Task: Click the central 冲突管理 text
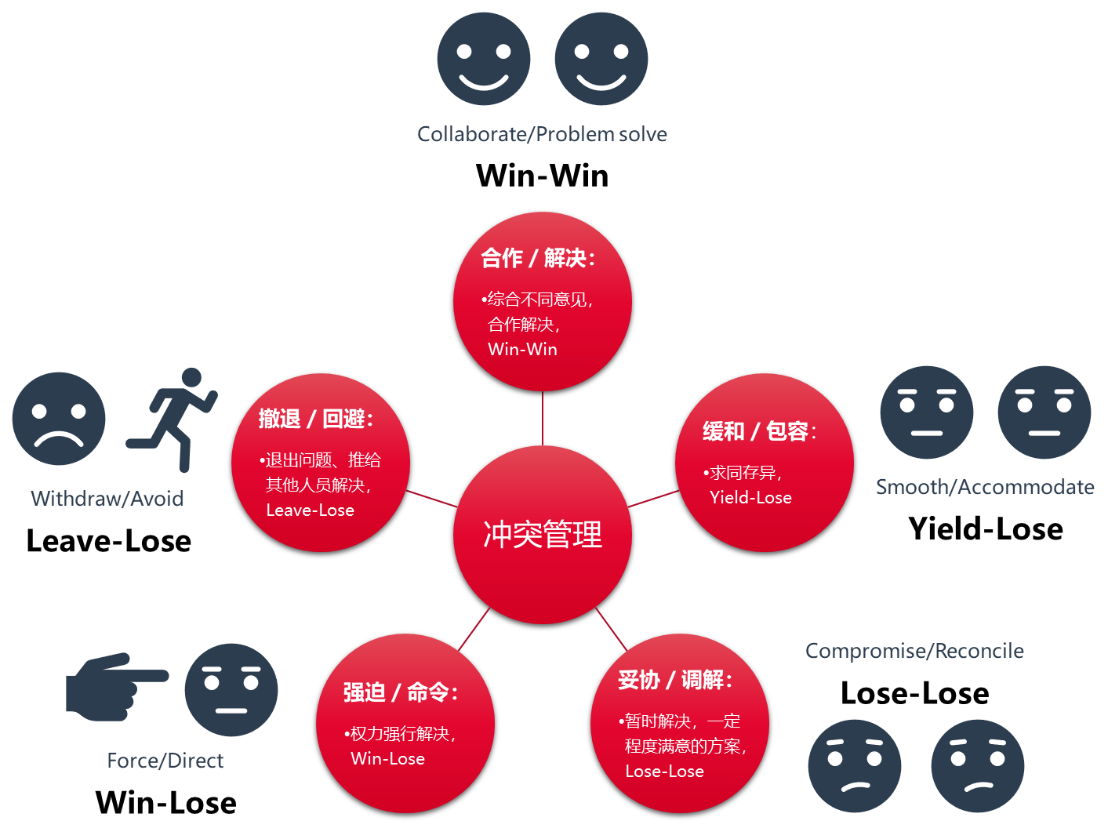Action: [543, 535]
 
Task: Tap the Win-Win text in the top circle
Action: [522, 350]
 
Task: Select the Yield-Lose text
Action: [750, 498]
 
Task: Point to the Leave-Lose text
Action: [310, 510]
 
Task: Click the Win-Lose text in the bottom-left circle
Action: [387, 759]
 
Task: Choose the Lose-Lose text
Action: [664, 772]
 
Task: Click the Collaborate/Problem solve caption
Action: [542, 135]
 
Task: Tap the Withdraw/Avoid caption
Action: [107, 499]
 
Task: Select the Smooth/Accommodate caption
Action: [985, 488]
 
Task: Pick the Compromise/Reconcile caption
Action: [914, 652]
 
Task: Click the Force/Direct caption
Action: [165, 761]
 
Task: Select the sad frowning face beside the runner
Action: [59, 419]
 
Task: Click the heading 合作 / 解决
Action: [538, 258]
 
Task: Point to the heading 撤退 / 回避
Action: [316, 419]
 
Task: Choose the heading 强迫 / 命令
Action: [400, 692]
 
